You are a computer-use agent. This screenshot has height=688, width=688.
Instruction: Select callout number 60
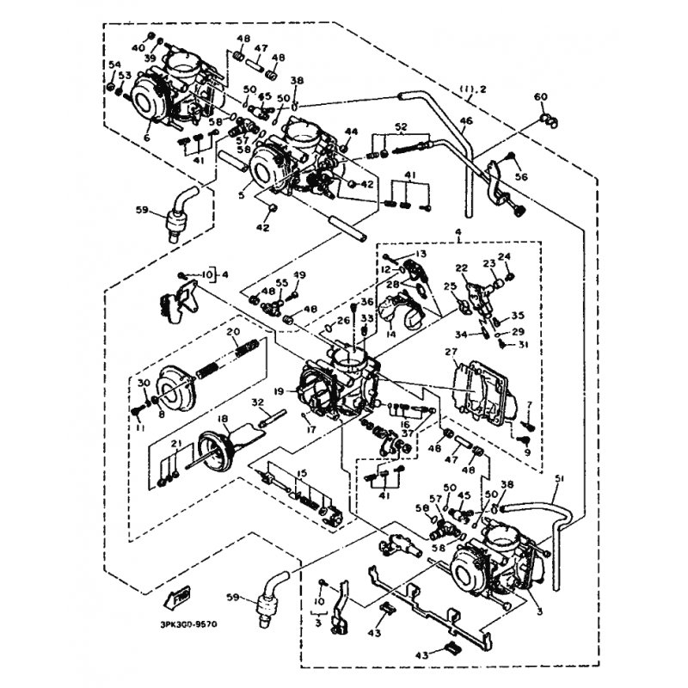click(540, 96)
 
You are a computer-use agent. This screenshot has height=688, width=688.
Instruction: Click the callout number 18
click(223, 419)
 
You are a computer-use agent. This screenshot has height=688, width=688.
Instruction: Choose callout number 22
click(462, 269)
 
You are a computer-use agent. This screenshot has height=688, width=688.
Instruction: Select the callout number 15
click(302, 474)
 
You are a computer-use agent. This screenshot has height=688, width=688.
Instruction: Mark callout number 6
click(147, 138)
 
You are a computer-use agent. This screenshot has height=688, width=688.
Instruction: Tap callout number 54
click(114, 65)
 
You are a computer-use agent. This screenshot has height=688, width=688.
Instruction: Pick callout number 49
click(299, 275)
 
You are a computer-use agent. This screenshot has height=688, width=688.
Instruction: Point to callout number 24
click(505, 256)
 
